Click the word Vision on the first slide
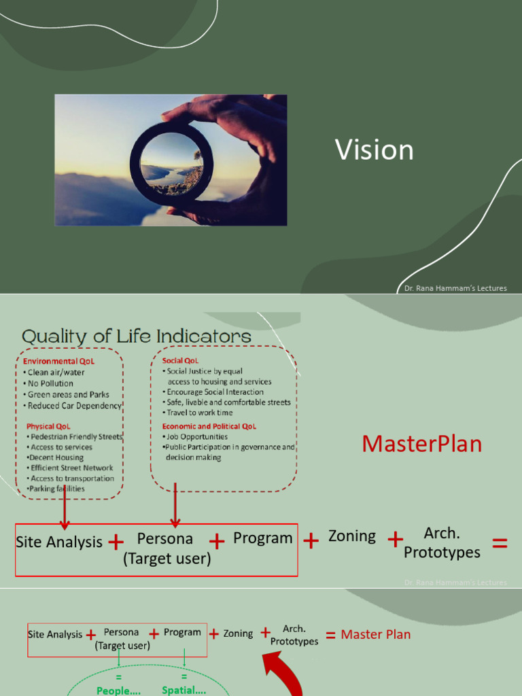375,150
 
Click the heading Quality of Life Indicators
137,336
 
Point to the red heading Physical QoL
48,426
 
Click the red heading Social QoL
181,360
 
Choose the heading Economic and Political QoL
209,426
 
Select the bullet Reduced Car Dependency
74,406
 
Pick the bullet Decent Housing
55,457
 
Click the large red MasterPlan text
421,444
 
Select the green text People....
119,690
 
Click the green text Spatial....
184,690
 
